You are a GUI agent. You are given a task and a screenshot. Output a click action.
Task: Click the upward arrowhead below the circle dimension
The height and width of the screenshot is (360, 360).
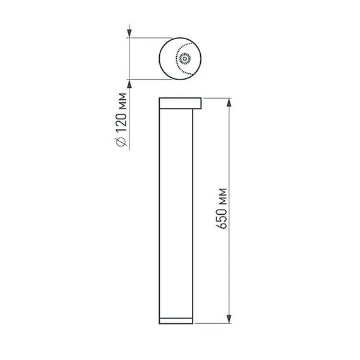point(129,85)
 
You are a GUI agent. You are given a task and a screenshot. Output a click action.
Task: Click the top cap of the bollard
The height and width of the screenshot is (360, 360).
point(180,104)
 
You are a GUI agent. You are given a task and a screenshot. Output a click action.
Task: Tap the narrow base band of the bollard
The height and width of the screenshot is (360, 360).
point(176,319)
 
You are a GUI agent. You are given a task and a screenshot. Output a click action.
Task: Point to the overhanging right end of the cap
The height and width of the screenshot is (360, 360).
point(198,104)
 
